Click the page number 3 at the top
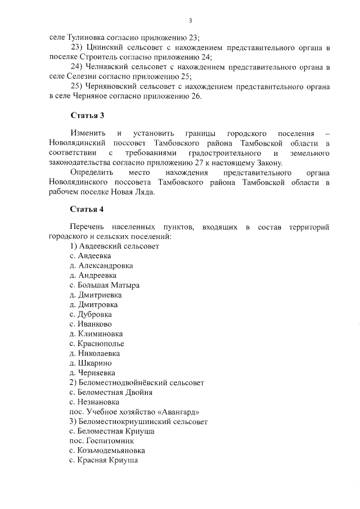(x=191, y=21)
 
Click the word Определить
(x=92, y=173)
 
